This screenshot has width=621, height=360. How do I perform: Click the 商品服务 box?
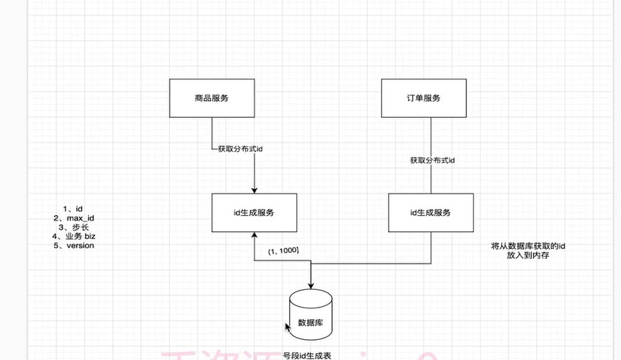[211, 98]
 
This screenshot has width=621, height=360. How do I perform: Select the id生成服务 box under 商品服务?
[254, 212]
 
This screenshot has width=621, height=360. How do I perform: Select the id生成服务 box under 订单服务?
[430, 212]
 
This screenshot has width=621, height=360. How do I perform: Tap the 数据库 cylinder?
[312, 315]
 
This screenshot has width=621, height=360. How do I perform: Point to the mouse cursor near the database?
[289, 328]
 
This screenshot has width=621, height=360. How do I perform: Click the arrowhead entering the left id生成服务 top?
[254, 190]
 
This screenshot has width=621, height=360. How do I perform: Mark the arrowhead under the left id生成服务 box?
[254, 236]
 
